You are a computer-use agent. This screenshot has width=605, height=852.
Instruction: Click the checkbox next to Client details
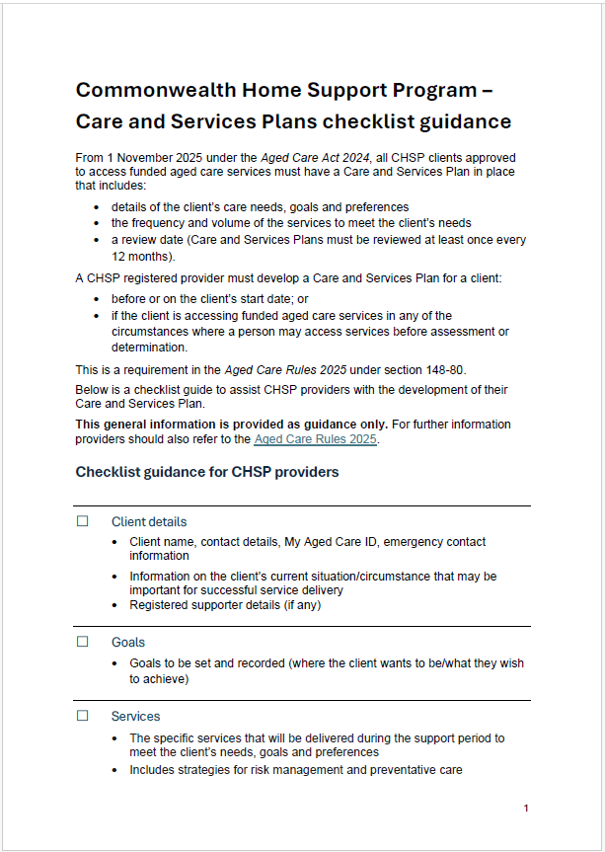[x=83, y=521]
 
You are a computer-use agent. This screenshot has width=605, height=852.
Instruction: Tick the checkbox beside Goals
[x=83, y=642]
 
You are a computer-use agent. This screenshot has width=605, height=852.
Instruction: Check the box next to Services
[x=83, y=716]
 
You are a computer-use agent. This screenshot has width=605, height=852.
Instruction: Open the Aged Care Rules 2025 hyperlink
[x=315, y=439]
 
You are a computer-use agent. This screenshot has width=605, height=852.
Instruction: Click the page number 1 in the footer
[x=526, y=809]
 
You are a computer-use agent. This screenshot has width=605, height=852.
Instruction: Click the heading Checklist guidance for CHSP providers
[x=207, y=472]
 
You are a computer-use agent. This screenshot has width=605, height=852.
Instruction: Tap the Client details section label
[x=148, y=521]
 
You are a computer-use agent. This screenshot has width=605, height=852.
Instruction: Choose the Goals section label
[x=128, y=642]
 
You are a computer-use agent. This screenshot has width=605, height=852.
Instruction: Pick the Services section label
[x=135, y=716]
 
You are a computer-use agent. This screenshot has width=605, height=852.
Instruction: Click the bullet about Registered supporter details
[x=225, y=605]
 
